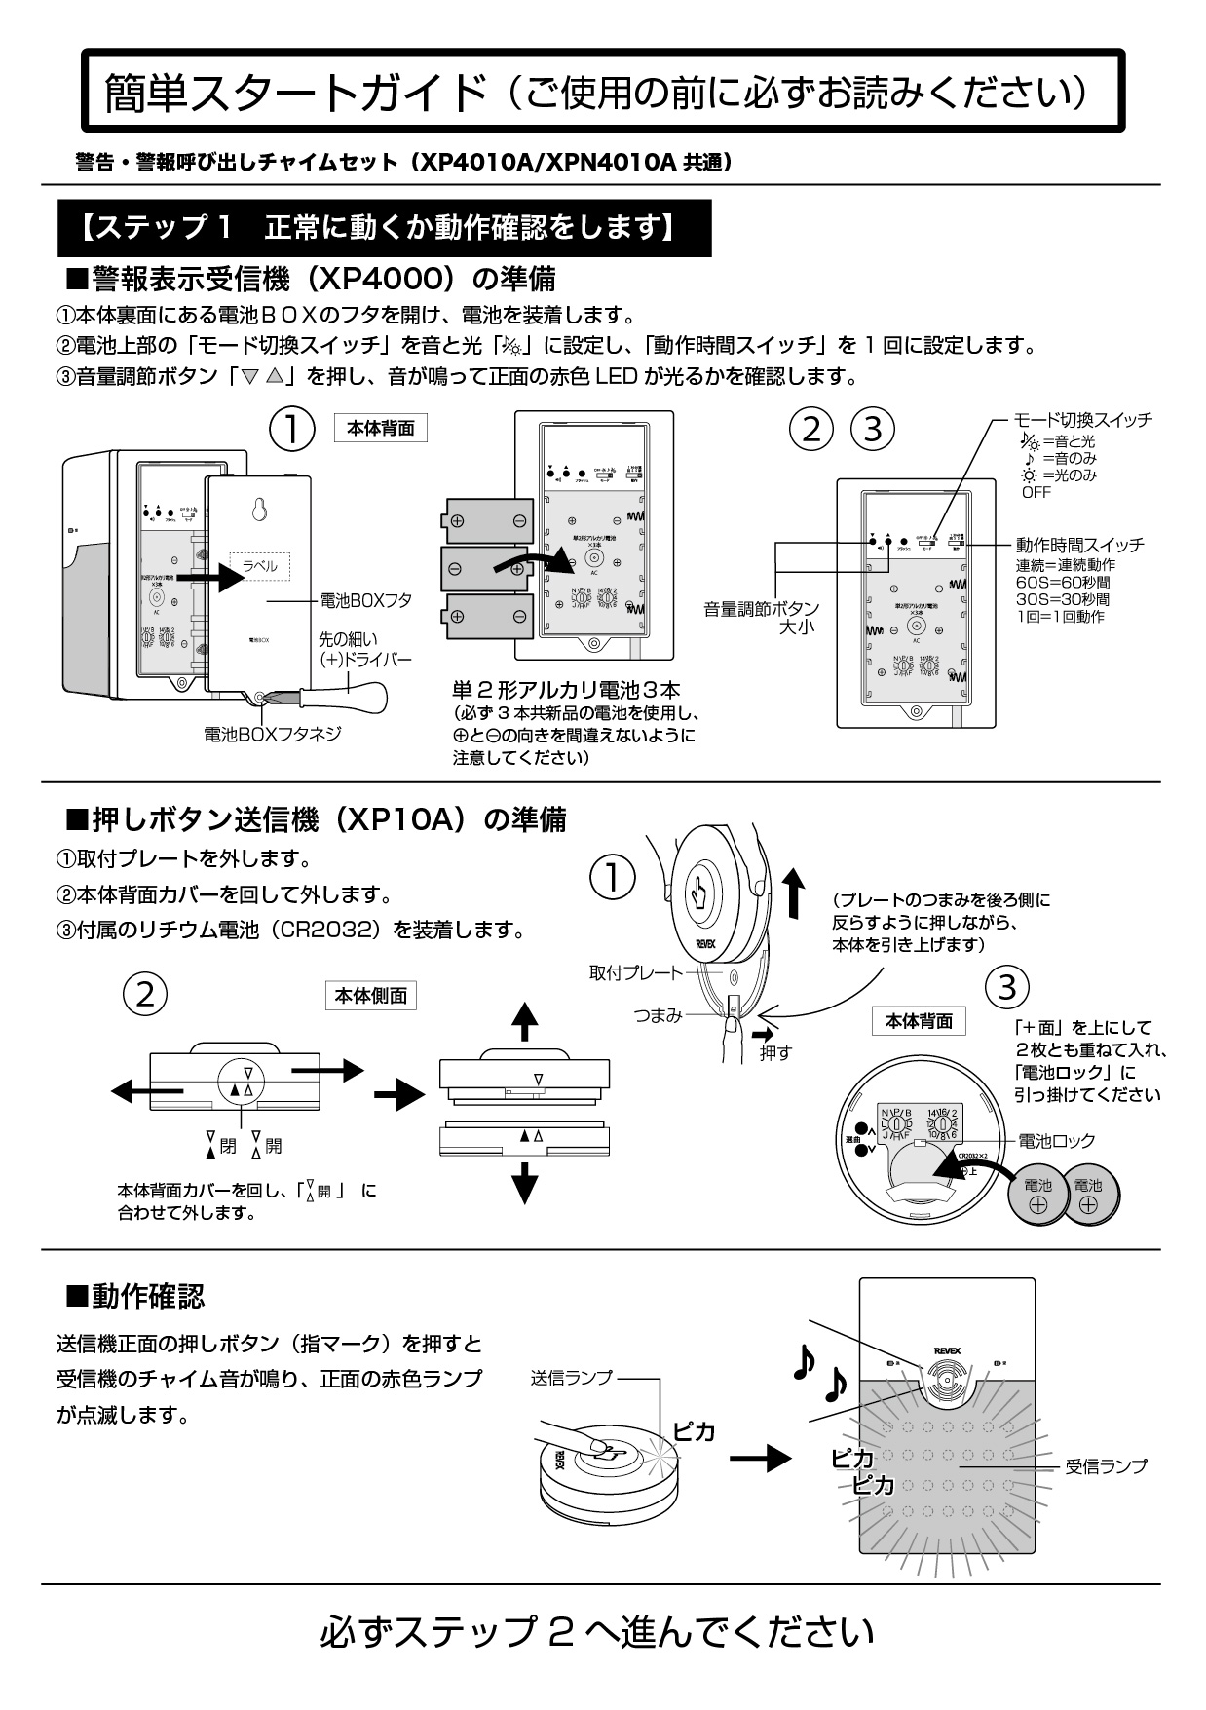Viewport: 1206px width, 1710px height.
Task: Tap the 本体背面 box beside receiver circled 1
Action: [380, 428]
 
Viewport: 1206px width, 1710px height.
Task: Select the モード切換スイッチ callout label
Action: [1082, 420]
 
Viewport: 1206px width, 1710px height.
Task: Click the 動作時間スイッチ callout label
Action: [1079, 545]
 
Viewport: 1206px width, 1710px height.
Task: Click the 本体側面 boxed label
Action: [370, 996]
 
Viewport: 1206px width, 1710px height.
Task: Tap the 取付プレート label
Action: [633, 972]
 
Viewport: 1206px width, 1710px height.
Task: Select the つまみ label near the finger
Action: [658, 1015]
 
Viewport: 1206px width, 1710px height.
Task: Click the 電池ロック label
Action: [1056, 1140]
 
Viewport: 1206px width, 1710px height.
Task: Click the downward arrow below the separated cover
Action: [525, 1183]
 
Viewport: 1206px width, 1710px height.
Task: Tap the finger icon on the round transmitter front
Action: [698, 892]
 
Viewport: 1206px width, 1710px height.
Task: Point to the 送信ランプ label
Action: [571, 1378]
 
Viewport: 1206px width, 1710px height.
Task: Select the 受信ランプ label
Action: [1105, 1465]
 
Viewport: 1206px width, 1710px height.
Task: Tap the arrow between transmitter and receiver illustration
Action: [760, 1458]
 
